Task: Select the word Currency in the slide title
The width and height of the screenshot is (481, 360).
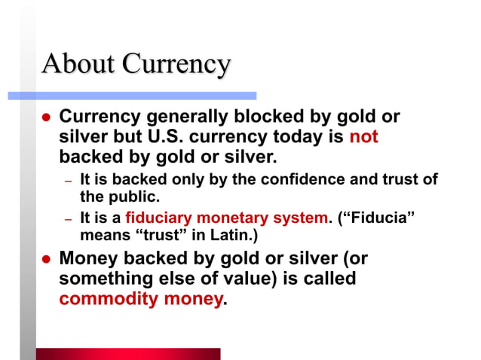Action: click(176, 65)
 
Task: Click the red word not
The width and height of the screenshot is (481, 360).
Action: click(363, 138)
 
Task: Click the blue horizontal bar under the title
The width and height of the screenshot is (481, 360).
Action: click(132, 96)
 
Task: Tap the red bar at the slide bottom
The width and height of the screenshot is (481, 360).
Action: click(128, 354)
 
